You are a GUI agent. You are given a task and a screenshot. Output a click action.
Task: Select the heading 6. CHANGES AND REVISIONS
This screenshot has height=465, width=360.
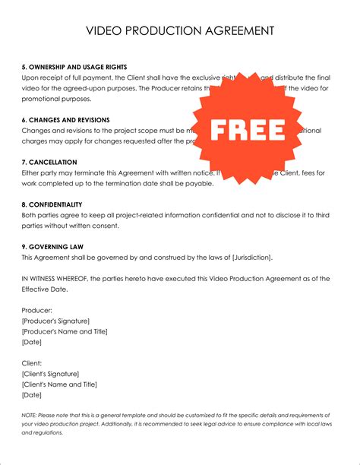[x=65, y=120]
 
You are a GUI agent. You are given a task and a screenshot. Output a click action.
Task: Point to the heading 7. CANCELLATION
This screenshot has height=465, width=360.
[x=51, y=162]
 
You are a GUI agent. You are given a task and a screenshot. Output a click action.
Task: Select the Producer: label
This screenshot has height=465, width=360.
[x=37, y=310]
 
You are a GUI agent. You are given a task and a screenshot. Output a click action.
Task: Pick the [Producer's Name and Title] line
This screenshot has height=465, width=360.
[x=65, y=331]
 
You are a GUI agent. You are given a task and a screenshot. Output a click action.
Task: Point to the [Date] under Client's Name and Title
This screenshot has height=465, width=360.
[x=32, y=395]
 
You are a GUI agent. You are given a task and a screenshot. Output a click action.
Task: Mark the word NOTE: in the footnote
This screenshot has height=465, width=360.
[x=30, y=416]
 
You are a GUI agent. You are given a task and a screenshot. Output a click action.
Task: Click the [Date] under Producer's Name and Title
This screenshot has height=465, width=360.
[x=32, y=342]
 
